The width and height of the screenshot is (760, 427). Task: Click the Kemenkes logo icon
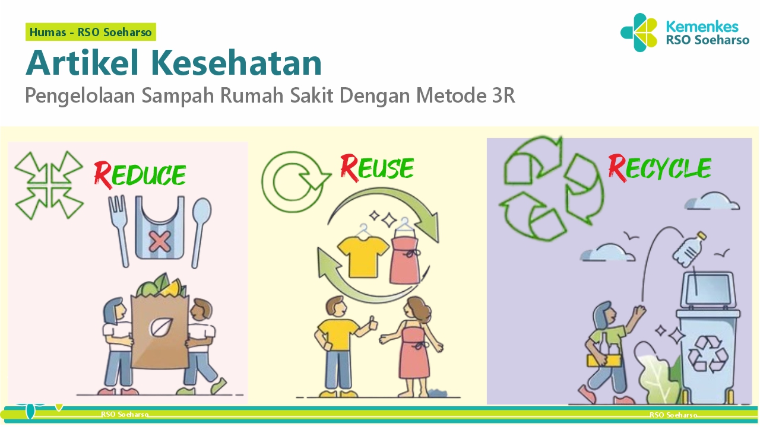[639, 33]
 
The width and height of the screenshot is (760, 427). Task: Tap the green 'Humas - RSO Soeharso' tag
[91, 32]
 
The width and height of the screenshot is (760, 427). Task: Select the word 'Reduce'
[140, 173]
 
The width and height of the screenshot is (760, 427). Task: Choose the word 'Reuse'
[377, 167]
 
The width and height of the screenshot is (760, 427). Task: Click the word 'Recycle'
[660, 168]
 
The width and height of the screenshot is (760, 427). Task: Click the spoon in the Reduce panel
[201, 228]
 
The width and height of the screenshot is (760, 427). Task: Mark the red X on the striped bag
[159, 241]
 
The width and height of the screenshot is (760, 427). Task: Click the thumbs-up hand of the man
[373, 323]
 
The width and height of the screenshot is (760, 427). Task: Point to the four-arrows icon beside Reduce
[49, 184]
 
